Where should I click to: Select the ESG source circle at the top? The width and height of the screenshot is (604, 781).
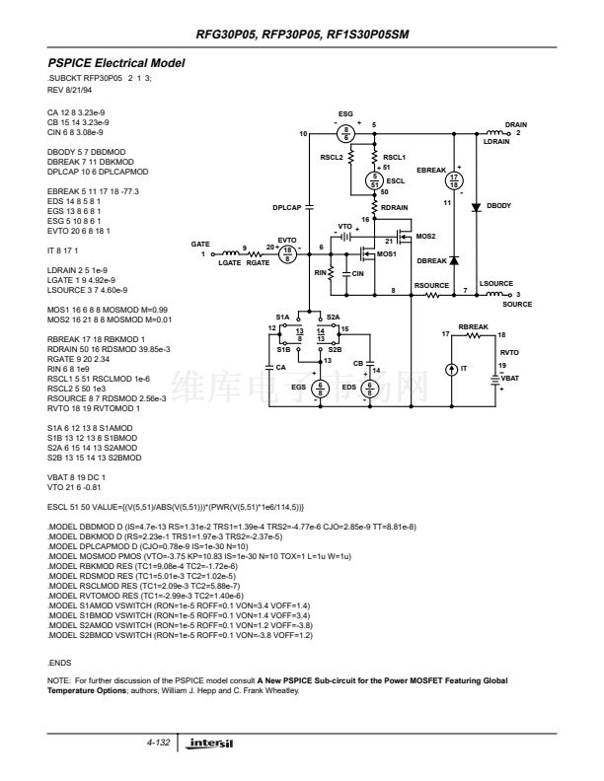coord(346,132)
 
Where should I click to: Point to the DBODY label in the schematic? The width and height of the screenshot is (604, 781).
coord(500,205)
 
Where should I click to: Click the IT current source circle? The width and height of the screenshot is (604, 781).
coord(451,368)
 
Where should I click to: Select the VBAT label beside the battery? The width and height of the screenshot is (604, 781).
coord(509,376)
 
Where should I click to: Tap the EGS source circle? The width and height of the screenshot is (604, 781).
coord(319,388)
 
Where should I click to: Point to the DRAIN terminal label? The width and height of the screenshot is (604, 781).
coord(516,124)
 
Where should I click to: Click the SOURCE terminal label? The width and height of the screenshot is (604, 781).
coord(519,302)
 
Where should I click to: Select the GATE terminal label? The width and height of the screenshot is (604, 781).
coord(202,244)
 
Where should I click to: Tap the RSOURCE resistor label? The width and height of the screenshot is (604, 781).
coord(431,285)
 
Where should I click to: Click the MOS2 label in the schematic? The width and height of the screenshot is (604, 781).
coord(425,237)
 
